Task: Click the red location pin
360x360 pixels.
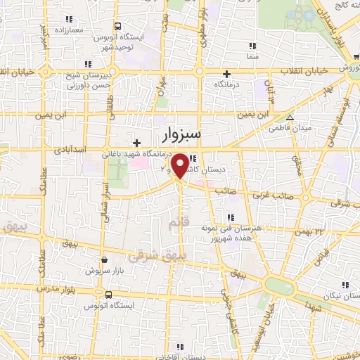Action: click(180, 166)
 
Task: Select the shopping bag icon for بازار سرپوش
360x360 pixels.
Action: click(104, 259)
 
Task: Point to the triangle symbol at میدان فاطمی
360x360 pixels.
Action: click(290, 117)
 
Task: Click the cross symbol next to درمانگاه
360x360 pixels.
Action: click(226, 73)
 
